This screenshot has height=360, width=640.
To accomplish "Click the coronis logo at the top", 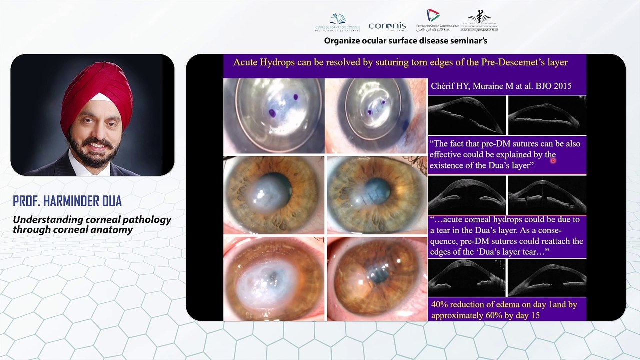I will (387, 26).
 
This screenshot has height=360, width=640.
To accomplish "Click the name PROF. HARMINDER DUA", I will (67, 201).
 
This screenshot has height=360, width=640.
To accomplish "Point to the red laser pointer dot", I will (553, 160).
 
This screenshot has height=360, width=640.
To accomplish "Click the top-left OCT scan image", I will (467, 115).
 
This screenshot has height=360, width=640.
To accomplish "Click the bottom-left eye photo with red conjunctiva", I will (273, 278).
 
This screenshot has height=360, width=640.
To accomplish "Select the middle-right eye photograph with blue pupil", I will (376, 195).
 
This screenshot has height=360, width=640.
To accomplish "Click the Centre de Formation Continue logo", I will (338, 22).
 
